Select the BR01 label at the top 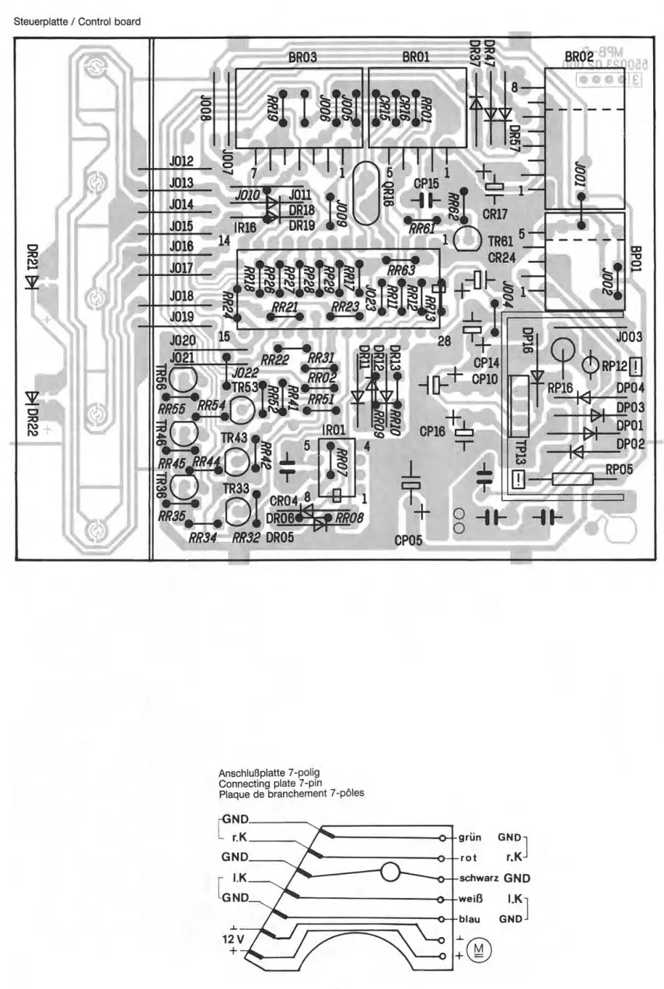click(418, 57)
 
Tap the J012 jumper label click(180, 162)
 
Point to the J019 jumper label click(180, 317)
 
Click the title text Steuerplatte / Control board click(78, 22)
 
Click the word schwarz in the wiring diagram click(478, 879)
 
